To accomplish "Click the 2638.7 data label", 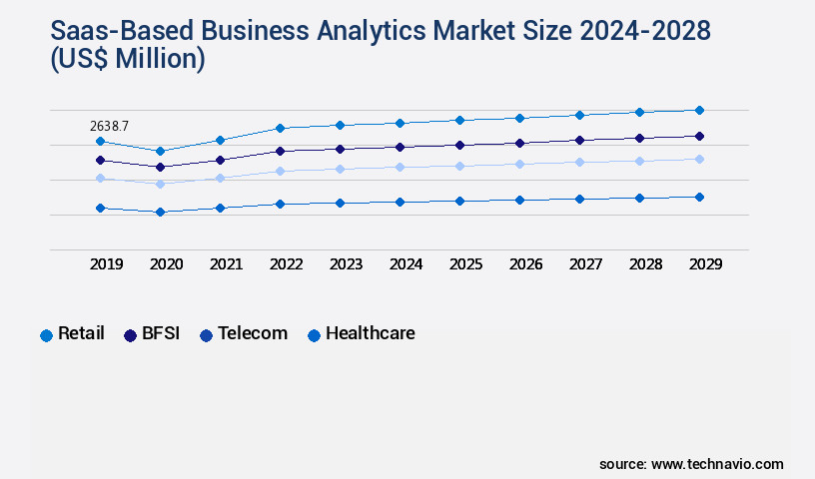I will [x=109, y=126].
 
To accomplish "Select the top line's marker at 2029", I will [x=699, y=110].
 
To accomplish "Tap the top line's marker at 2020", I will [x=160, y=151].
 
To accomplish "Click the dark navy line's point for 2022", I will [x=280, y=151].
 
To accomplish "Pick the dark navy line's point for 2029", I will [x=699, y=136].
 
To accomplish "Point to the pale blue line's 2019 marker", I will [x=100, y=178].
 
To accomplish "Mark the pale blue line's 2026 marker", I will [x=519, y=164].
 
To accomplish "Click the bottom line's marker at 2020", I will [x=160, y=212].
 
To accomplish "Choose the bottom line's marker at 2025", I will [x=459, y=201].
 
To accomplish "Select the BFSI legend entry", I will [x=152, y=334].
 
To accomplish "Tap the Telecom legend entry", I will [x=244, y=334].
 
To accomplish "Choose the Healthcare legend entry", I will [x=361, y=334].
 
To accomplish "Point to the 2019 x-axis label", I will [x=107, y=264].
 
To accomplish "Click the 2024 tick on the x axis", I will [x=407, y=264].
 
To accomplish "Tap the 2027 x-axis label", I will [x=586, y=264].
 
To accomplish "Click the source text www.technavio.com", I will [x=717, y=464].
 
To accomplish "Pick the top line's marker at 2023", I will [x=340, y=125].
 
